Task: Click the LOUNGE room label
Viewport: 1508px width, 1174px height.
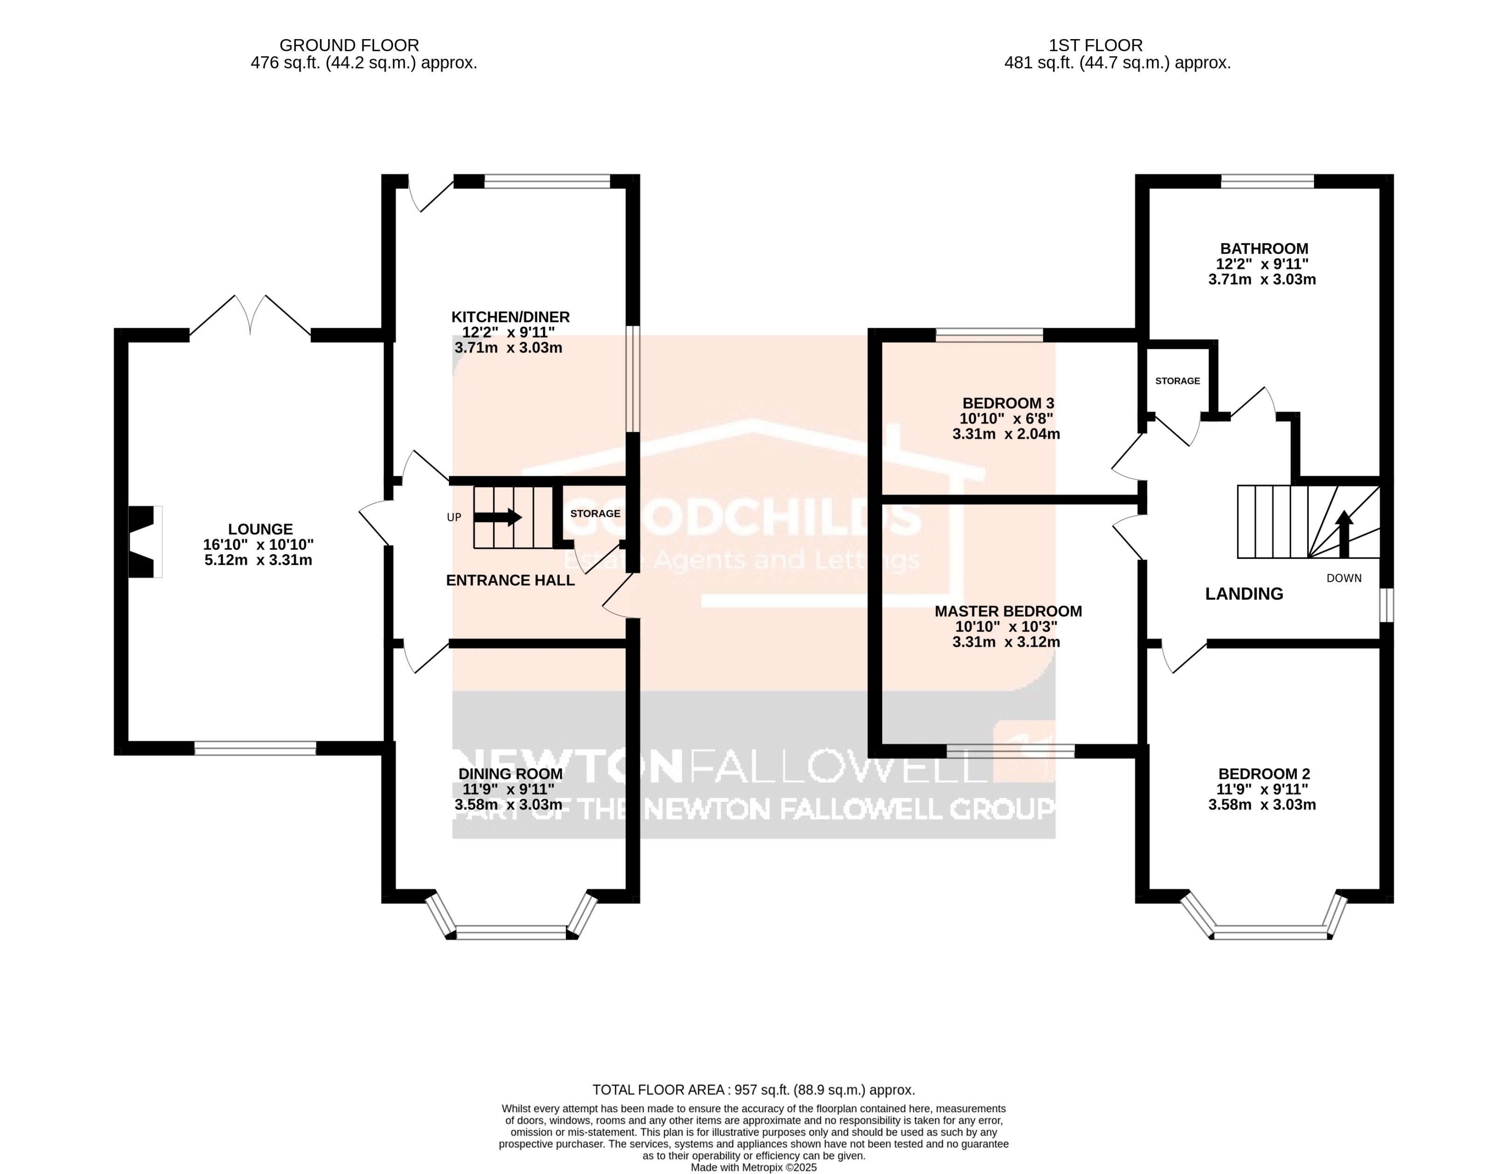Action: coord(260,529)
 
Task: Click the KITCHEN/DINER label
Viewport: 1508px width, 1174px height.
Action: coord(510,317)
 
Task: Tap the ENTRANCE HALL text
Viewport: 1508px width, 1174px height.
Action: coord(510,580)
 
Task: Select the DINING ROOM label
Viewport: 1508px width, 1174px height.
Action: coord(510,774)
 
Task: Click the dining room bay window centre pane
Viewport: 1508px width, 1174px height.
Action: coord(511,933)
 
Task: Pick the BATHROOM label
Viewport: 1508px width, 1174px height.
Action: coord(1264,248)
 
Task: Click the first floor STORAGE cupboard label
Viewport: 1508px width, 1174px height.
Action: coord(1177,381)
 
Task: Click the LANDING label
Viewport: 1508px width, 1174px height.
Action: coord(1244,594)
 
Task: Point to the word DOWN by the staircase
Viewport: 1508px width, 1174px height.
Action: coord(1343,578)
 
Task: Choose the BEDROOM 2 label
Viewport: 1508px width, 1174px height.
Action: coord(1264,774)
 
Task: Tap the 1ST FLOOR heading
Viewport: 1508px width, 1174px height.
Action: coord(1095,46)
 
